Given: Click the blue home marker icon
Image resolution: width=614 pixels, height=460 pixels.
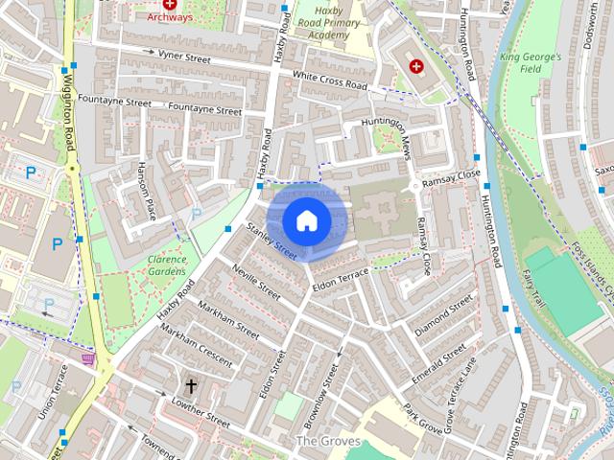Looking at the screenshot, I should pos(306,220).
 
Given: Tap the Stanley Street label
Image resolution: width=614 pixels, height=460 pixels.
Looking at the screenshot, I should pos(272,241).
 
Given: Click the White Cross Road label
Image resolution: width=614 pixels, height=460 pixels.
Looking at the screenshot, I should pos(330,80).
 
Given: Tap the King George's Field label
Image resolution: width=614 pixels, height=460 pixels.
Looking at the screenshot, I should pos(530,63).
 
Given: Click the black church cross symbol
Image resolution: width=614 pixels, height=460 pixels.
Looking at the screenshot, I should pos(190,386).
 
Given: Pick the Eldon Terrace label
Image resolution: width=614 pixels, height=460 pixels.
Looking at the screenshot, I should pos(340,278).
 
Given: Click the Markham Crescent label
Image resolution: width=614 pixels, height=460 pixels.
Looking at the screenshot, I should pos(196,344).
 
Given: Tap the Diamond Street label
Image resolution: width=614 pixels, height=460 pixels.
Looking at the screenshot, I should pos(443,314).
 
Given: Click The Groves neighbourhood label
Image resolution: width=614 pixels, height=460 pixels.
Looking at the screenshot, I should pos(327,441).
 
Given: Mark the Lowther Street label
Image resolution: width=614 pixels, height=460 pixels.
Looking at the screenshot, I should pos(199,412).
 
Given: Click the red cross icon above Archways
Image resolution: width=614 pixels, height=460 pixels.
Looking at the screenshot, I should pos(170,5).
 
